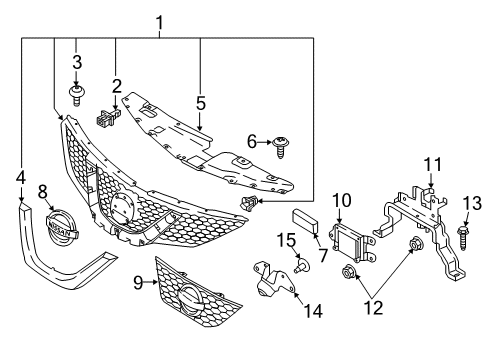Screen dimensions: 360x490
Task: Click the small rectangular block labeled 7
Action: pyautogui.click(x=304, y=222)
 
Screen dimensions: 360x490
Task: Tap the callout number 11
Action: pyautogui.click(x=430, y=163)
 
